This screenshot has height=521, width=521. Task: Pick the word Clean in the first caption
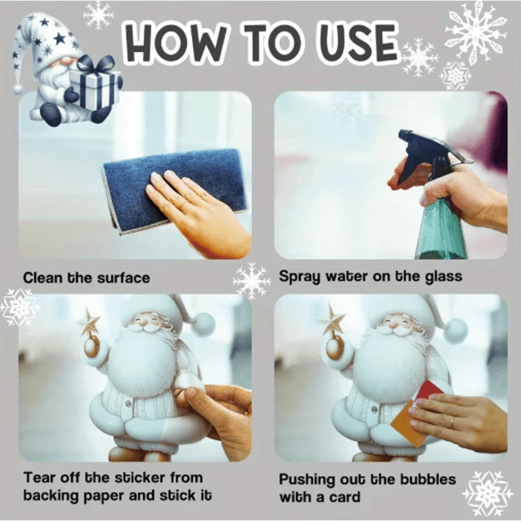point(43,278)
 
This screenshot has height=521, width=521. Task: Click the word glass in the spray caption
point(440,276)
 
